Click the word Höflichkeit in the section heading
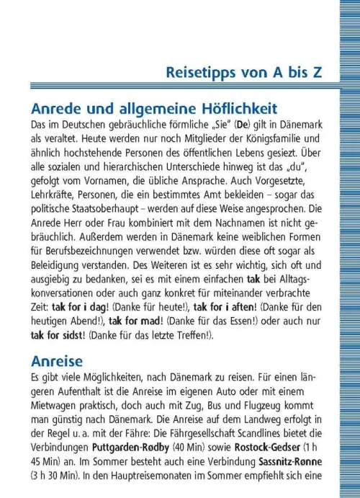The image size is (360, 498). (x=233, y=109)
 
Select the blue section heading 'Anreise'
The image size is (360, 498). (x=57, y=360)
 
